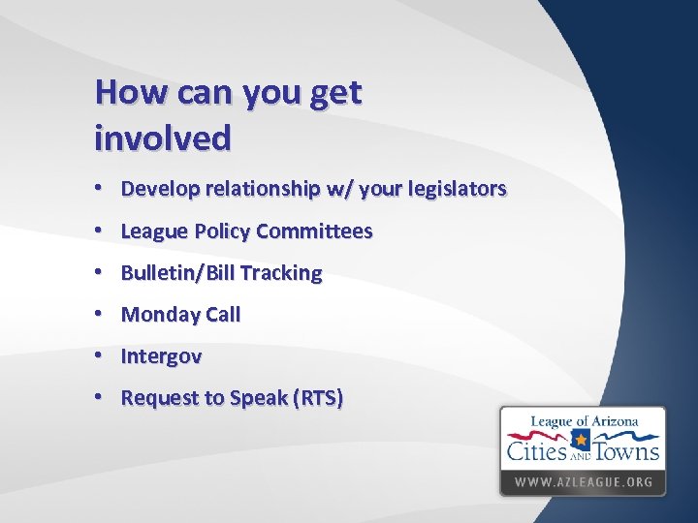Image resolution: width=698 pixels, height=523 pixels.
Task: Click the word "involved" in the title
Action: coord(163,138)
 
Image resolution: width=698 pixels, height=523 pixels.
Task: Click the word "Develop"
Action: coord(158,189)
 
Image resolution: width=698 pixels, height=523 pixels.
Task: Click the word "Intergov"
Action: coord(161,356)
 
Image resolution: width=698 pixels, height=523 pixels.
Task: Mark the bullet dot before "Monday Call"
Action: coord(101,315)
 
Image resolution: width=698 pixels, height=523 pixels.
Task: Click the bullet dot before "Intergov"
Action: coord(101,356)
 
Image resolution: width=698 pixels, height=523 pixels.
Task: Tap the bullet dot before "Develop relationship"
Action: coord(101,189)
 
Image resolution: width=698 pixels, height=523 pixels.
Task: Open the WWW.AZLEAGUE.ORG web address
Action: coord(583,481)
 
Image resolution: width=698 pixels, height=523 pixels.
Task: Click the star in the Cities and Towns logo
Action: coord(581,440)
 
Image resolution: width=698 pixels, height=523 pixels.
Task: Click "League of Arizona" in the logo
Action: coord(583,422)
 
